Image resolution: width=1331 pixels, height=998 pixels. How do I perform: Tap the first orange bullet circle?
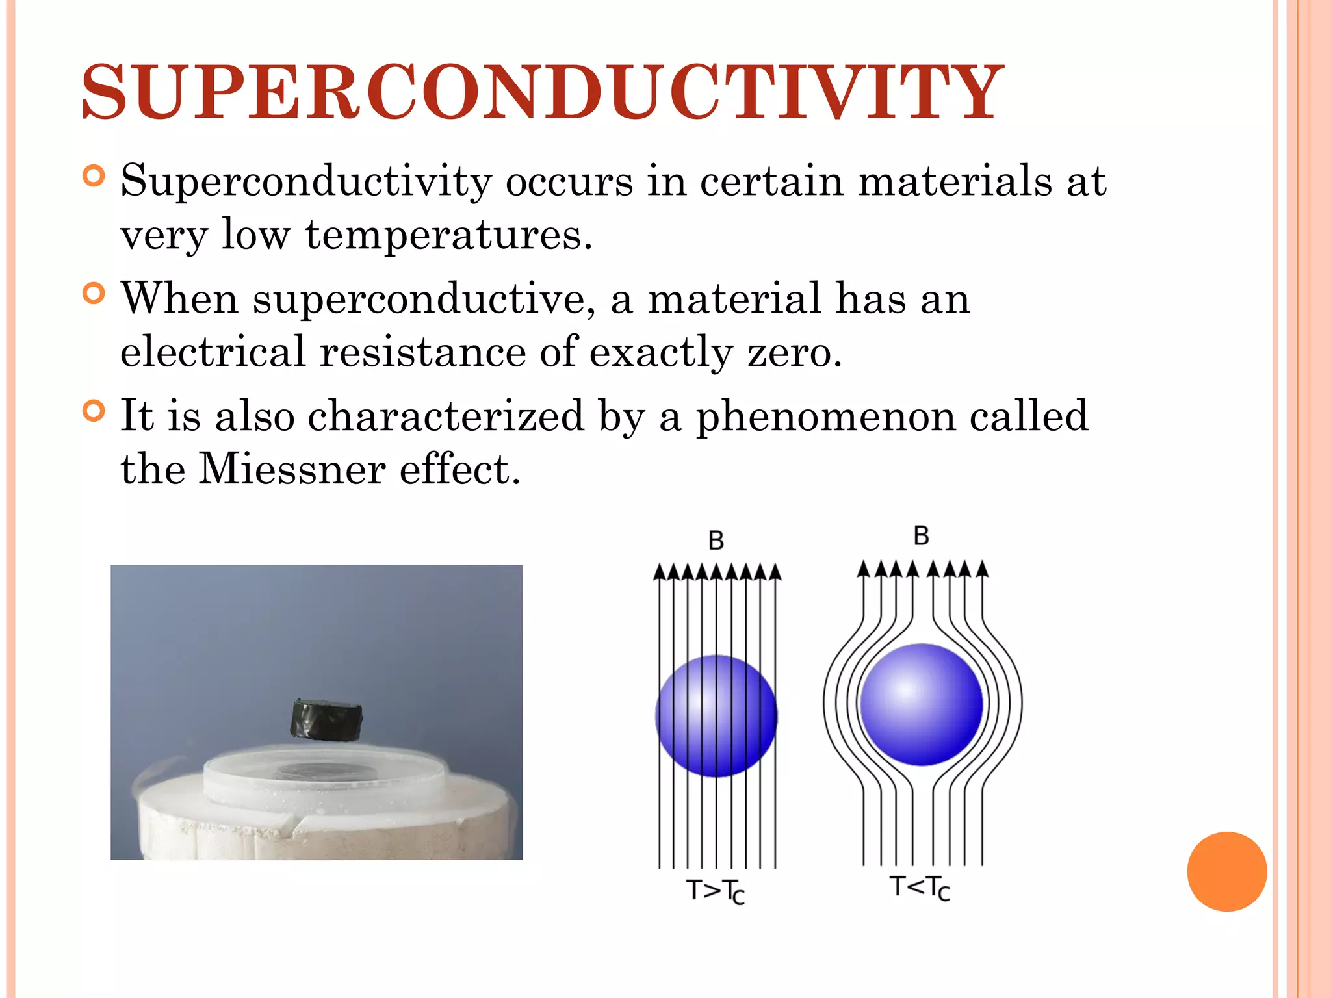tap(94, 177)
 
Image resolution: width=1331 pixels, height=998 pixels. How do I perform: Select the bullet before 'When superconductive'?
tap(94, 294)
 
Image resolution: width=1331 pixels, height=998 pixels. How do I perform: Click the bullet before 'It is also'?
tap(94, 411)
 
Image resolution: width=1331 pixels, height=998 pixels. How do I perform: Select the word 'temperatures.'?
tap(448, 235)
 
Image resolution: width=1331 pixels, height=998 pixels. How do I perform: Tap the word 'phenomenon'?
tap(825, 416)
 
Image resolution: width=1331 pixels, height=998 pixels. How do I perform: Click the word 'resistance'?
tap(422, 352)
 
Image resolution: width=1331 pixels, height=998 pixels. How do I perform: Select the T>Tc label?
tap(715, 891)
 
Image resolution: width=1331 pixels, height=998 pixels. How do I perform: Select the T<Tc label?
tap(920, 888)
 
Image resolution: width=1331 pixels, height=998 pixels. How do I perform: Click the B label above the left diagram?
tap(716, 541)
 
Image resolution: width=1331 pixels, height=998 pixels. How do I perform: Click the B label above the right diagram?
tap(921, 536)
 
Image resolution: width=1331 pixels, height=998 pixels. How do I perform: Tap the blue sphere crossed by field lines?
tap(716, 716)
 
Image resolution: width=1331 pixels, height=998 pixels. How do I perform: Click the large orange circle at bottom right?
tap(1226, 871)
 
